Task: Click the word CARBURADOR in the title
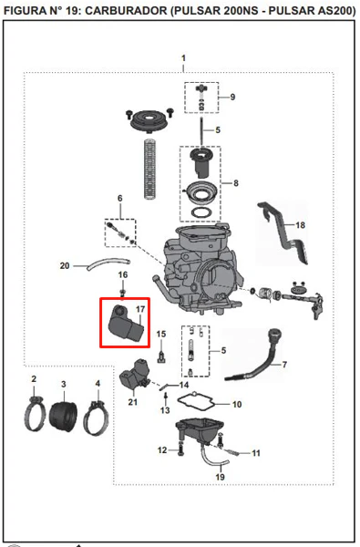click(x=127, y=10)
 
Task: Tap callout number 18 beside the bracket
click(x=300, y=225)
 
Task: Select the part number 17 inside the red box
click(x=140, y=309)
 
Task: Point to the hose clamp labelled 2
click(x=35, y=414)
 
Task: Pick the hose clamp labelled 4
click(x=96, y=418)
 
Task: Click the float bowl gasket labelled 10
click(x=195, y=402)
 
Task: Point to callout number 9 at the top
click(x=232, y=97)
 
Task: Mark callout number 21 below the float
click(x=132, y=402)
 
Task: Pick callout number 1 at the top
click(x=183, y=58)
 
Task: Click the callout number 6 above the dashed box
click(x=120, y=198)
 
